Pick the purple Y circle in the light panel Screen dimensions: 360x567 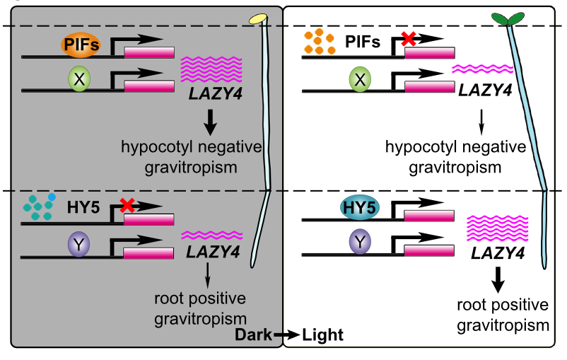point(359,244)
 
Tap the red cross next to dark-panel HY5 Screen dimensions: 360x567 point(128,205)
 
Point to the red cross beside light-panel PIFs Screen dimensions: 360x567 point(408,40)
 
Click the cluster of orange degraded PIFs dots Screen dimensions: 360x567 point(319,44)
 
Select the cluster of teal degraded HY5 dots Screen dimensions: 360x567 point(39,206)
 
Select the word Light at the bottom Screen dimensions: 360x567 point(322,335)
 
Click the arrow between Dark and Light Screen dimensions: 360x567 point(287,335)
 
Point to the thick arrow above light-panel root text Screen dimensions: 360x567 point(498,281)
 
